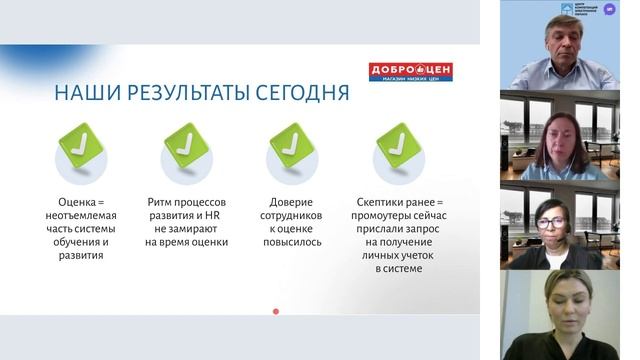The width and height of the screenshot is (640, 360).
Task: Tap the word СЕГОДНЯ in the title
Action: [301, 94]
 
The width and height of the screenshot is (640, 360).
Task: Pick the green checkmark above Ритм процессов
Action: [186, 144]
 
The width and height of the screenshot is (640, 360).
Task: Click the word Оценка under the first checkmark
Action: [76, 200]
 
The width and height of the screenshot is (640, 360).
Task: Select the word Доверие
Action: [291, 200]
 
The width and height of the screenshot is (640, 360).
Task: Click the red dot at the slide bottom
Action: [276, 312]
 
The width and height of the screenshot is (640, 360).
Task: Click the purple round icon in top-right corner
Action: [610, 9]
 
